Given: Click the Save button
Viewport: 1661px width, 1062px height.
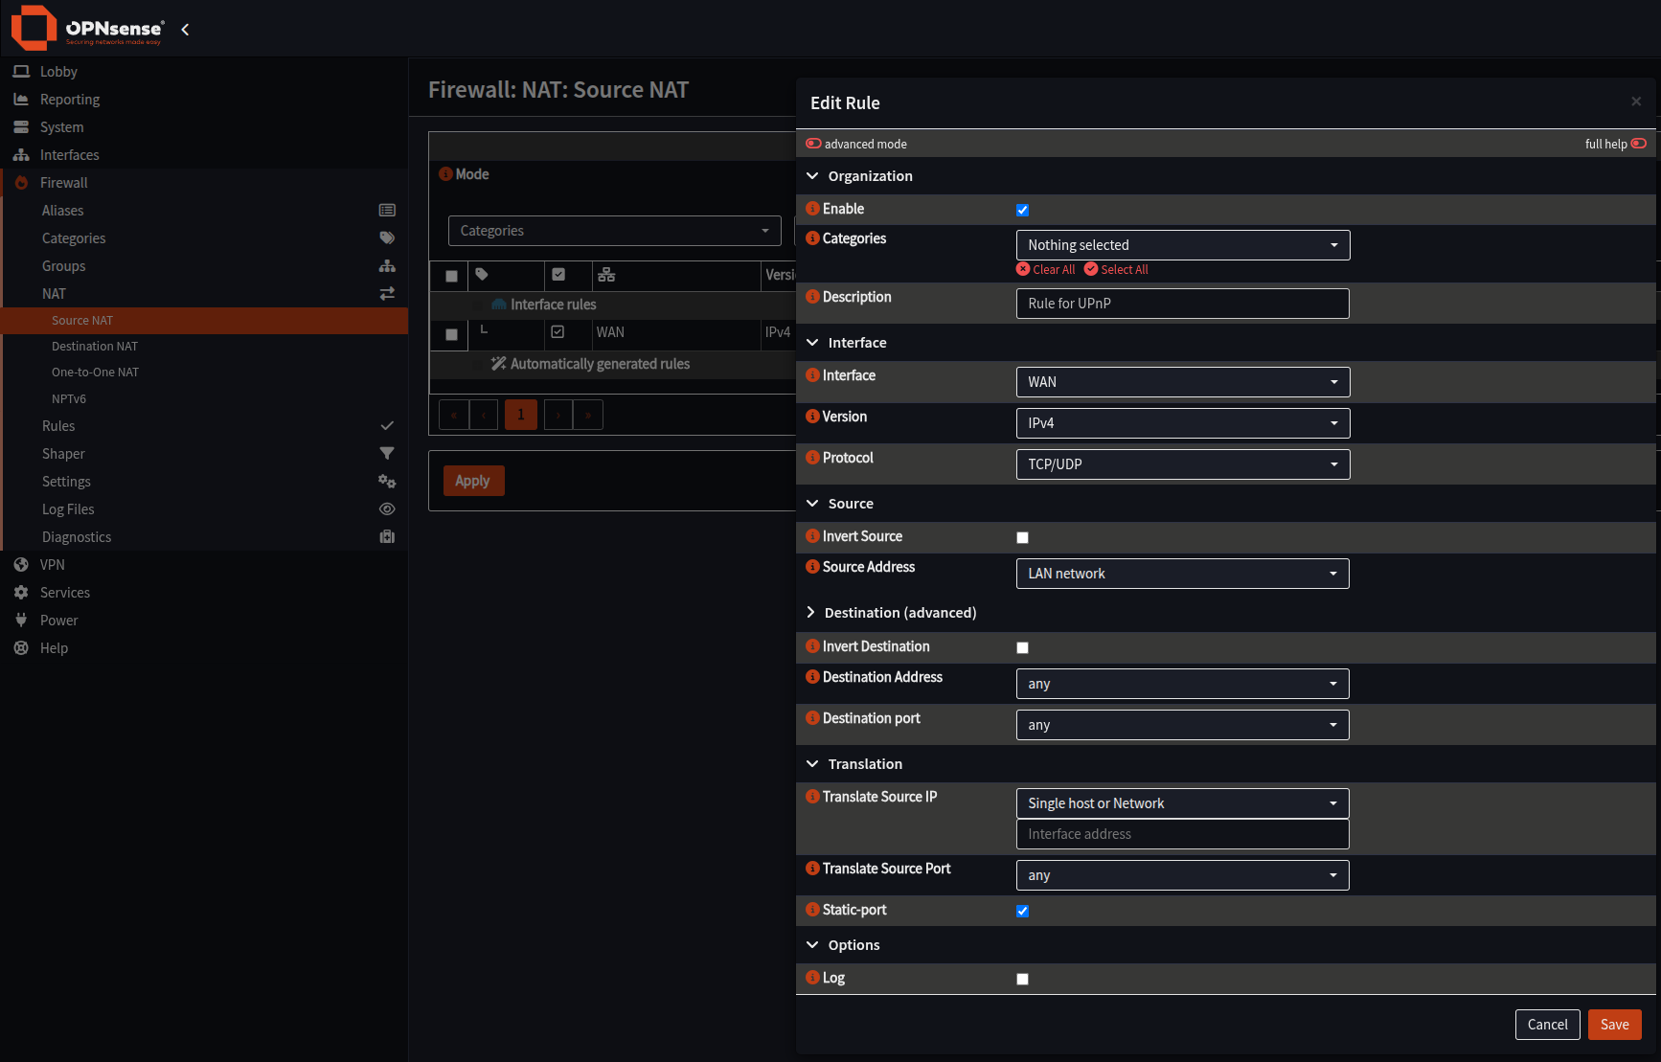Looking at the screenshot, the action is point(1614,1025).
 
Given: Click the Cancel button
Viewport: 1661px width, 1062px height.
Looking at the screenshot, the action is point(1547,1025).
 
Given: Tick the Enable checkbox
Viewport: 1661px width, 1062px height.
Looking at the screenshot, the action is point(1022,211).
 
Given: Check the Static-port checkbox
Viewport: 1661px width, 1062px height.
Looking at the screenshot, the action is point(1022,912).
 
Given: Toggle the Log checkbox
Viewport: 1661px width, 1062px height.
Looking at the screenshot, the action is point(1022,980).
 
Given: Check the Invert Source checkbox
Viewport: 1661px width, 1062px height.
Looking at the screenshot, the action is point(1022,538).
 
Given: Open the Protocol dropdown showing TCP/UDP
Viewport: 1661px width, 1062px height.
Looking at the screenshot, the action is point(1182,464).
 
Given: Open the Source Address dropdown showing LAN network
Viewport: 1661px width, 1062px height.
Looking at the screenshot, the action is point(1182,574).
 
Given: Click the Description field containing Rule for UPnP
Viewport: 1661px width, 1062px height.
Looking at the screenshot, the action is point(1182,304).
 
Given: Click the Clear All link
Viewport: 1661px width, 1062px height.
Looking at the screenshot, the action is point(1046,270).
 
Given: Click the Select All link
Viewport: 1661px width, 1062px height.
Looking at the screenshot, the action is point(1116,270).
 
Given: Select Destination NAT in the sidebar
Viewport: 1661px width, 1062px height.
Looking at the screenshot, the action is point(95,347).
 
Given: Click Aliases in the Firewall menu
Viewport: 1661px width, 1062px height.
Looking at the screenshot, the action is point(62,211).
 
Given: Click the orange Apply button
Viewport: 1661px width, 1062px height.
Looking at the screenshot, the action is point(473,481).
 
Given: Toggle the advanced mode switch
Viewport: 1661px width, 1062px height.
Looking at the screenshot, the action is point(813,144).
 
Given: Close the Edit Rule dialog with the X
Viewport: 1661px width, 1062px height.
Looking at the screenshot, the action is point(1636,102).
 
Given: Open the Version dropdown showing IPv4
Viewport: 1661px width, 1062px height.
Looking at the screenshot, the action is point(1182,423).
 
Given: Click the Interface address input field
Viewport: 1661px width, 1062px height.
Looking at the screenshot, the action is point(1182,834).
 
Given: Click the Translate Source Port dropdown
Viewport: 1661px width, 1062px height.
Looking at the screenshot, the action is point(1182,875).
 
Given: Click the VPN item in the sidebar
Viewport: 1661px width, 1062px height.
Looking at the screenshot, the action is point(53,565).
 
